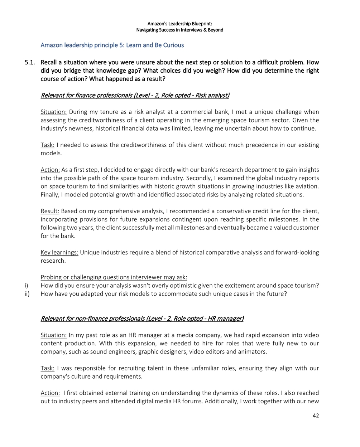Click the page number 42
(315, 416)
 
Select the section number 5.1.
(30, 62)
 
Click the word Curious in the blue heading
(174, 45)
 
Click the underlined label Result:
(50, 211)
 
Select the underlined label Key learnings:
(59, 252)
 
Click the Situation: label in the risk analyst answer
(54, 112)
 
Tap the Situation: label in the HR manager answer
(54, 335)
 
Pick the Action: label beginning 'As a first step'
(50, 170)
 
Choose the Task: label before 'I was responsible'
(47, 368)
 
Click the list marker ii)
(27, 294)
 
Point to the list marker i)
(26, 286)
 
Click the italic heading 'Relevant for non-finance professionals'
(142, 319)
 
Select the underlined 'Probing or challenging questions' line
(114, 277)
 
